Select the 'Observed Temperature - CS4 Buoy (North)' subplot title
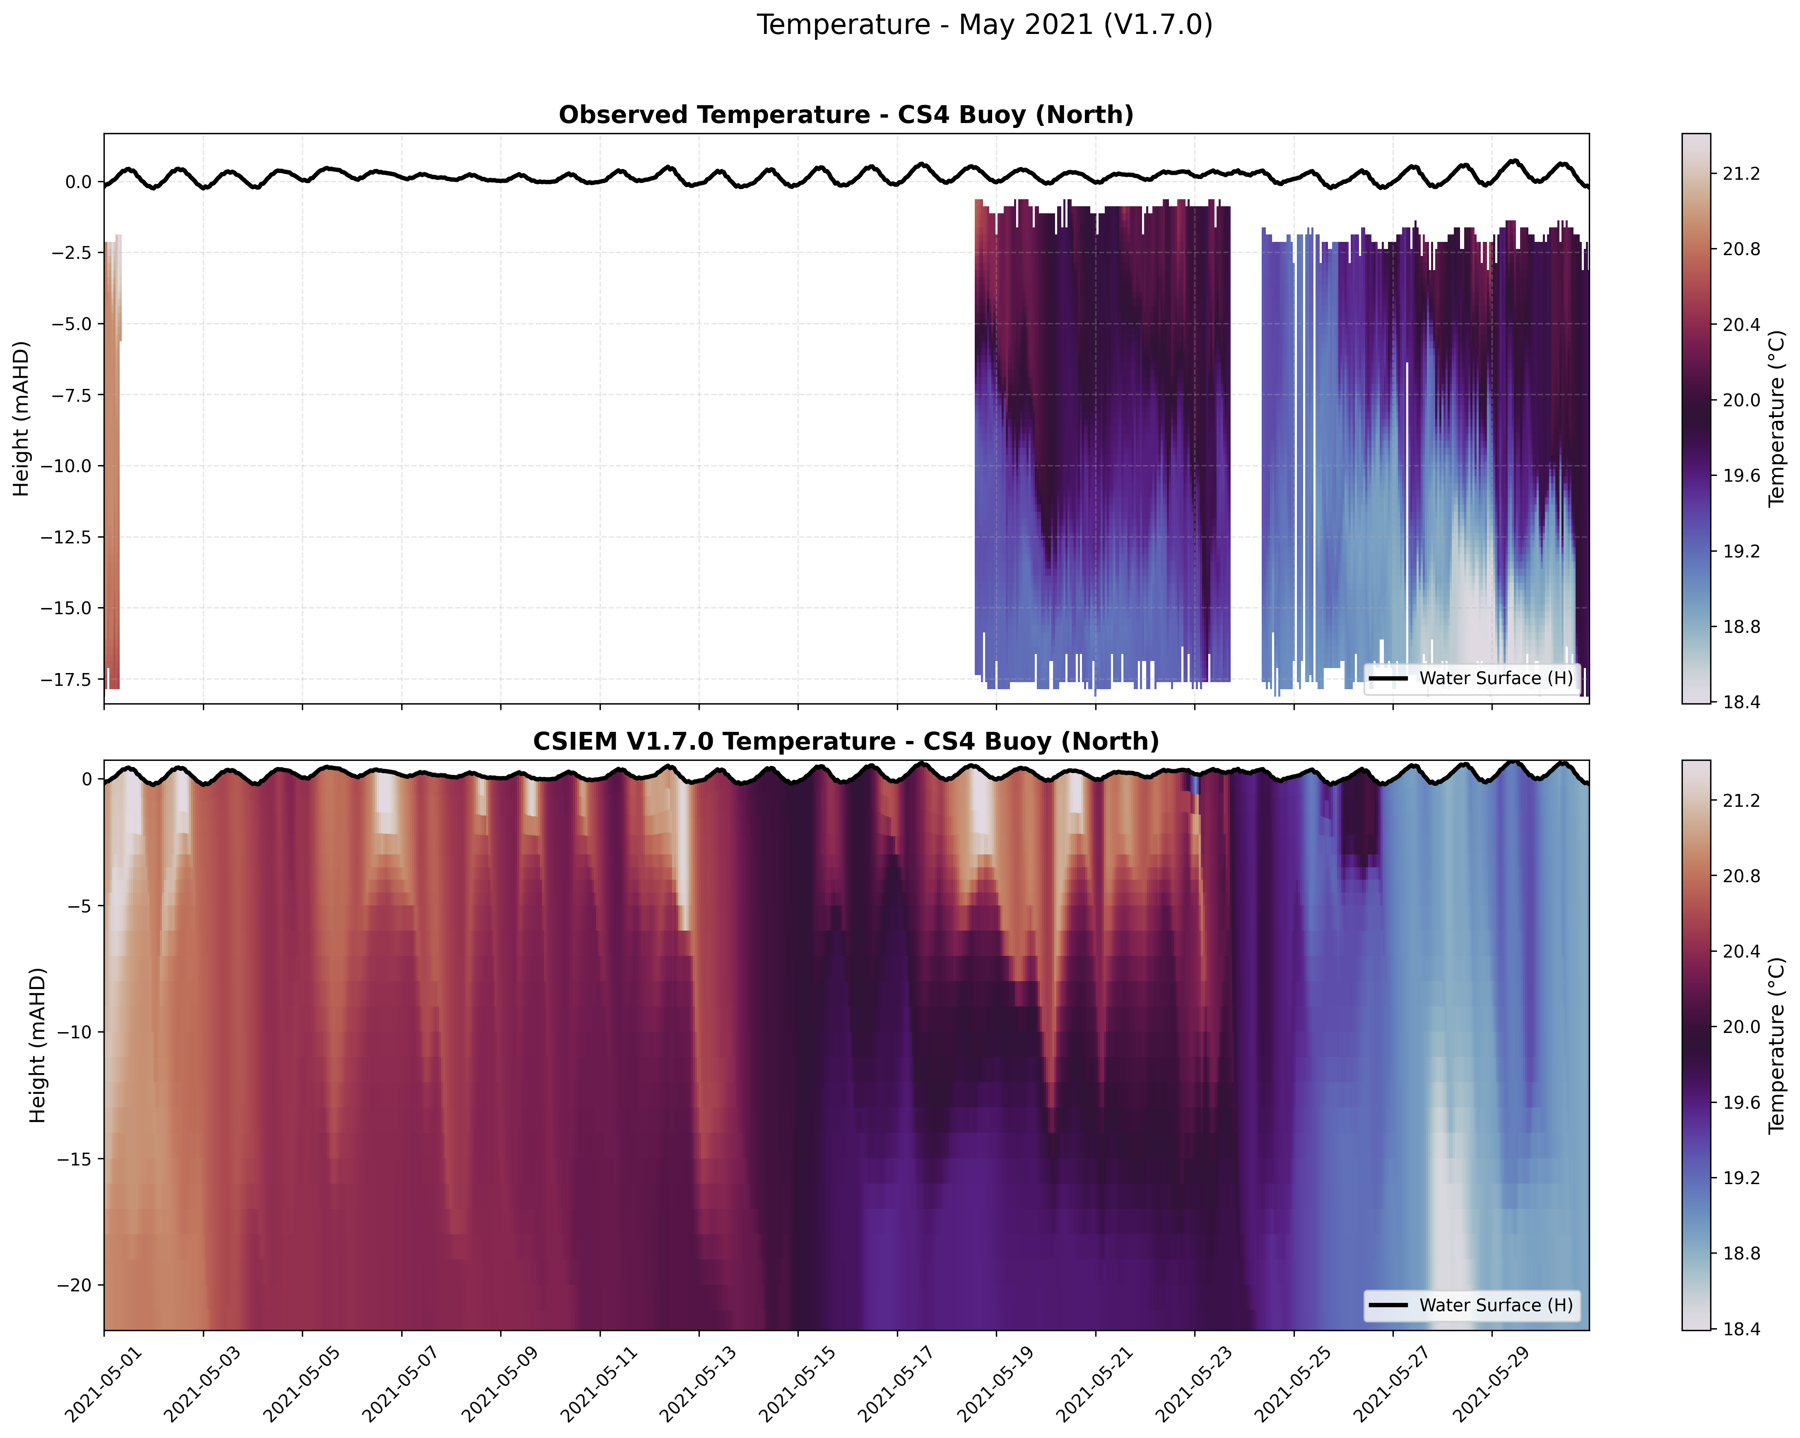pyautogui.click(x=846, y=115)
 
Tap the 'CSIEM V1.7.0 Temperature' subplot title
pyautogui.click(x=846, y=741)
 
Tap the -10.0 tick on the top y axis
pyautogui.click(x=67, y=466)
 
